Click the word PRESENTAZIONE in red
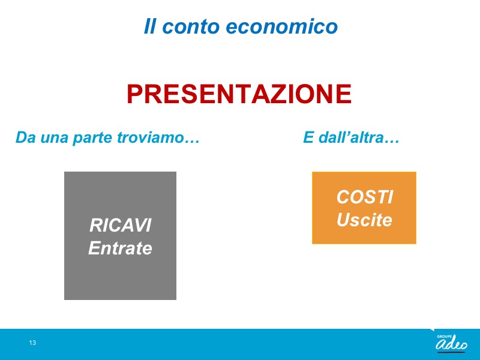[x=239, y=94]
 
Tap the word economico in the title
[x=281, y=26]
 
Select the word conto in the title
[x=190, y=26]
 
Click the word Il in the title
[x=149, y=26]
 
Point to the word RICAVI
[x=121, y=226]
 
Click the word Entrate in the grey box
[x=121, y=248]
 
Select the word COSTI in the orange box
[x=365, y=197]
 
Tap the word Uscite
[x=364, y=220]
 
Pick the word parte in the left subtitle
[x=93, y=138]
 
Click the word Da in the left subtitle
[x=26, y=137]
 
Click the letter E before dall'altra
[x=308, y=137]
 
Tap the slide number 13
[x=32, y=343]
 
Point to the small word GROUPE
[x=444, y=337]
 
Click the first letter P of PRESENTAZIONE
[x=136, y=94]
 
